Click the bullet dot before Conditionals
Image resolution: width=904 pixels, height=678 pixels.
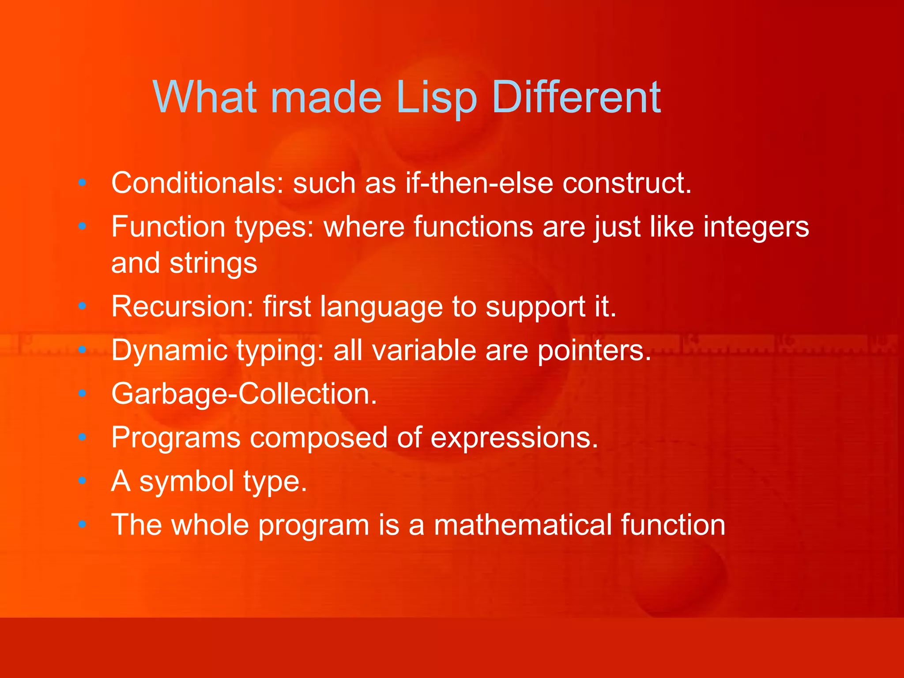82,183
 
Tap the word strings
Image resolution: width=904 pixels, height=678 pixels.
213,264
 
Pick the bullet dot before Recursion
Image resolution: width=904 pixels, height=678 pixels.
82,306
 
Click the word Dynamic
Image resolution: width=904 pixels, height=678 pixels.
169,350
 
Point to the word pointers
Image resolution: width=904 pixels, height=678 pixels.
594,350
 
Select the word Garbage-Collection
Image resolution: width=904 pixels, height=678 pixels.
244,394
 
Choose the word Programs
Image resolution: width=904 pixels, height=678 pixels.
176,438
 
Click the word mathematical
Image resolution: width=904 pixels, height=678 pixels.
523,525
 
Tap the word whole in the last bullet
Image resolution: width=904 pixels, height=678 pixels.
210,525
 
